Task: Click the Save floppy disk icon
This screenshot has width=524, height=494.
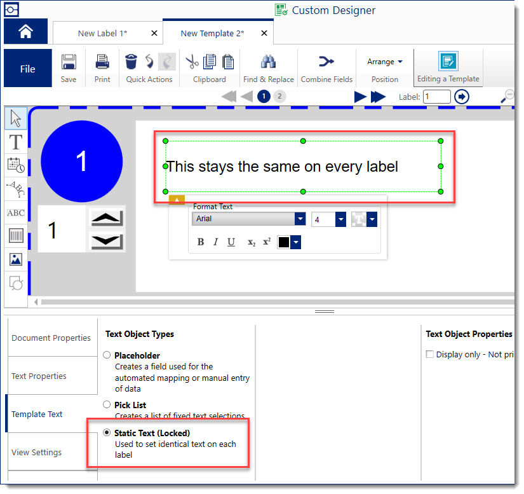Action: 69,62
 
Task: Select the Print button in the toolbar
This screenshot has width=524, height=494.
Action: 102,69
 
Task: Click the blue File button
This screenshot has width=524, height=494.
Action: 28,68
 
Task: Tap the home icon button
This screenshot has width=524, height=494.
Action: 26,31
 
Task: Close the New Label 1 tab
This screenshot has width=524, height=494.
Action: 154,33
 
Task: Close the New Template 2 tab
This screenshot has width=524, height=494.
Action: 264,33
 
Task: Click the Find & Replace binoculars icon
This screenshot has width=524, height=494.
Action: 268,62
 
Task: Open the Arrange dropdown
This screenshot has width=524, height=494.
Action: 385,62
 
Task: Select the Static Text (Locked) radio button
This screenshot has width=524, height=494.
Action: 107,432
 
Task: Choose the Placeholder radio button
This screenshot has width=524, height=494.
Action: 107,355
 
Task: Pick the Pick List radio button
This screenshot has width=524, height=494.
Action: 107,404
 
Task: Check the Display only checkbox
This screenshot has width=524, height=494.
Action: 430,354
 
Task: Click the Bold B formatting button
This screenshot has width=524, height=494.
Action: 201,242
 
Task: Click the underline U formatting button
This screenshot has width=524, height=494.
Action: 231,242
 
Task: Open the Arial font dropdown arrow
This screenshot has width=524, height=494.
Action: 300,219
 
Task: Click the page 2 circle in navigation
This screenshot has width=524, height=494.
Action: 279,97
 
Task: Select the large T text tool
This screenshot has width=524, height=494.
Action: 16,142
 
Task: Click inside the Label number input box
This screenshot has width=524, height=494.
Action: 437,97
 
